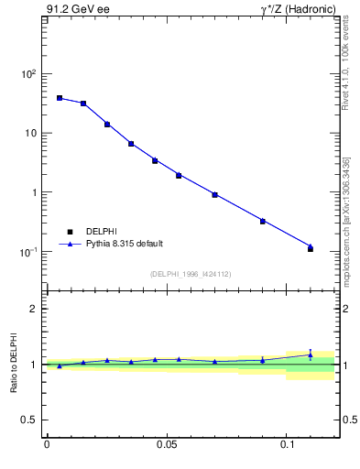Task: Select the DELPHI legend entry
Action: pyautogui.click(x=102, y=231)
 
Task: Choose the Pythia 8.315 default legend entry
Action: pyautogui.click(x=125, y=244)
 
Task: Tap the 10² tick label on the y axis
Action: pyautogui.click(x=28, y=74)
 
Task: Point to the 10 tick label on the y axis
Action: pyautogui.click(x=31, y=134)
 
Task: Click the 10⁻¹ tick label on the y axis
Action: pyautogui.click(x=28, y=252)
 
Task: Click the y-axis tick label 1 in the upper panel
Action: pyautogui.click(x=35, y=193)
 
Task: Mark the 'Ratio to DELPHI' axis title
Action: pyautogui.click(x=13, y=364)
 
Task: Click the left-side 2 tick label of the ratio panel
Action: pyautogui.click(x=35, y=309)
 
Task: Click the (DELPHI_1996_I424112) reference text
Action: pyautogui.click(x=190, y=273)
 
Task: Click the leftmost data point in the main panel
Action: pyautogui.click(x=60, y=98)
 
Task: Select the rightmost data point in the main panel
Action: pyautogui.click(x=311, y=248)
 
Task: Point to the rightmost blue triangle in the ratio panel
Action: pyautogui.click(x=311, y=354)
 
